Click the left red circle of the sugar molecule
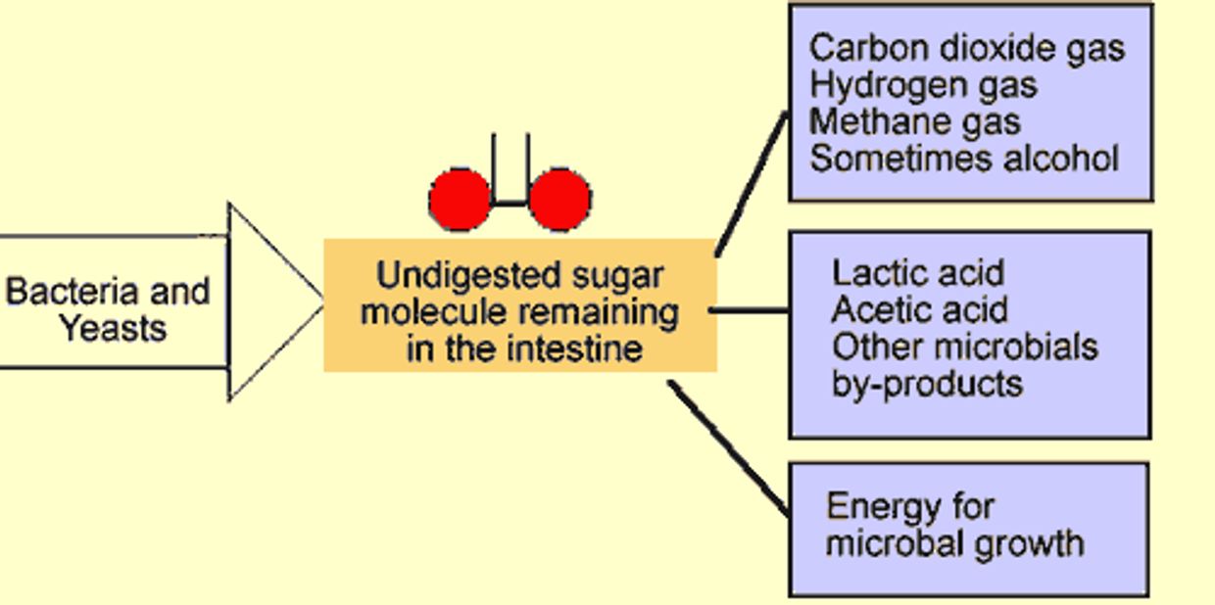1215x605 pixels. tap(460, 199)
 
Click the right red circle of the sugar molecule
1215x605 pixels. tap(560, 199)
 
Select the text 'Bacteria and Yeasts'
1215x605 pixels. tap(108, 308)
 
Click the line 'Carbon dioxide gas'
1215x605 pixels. tap(967, 48)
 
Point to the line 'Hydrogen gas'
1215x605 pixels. tap(922, 85)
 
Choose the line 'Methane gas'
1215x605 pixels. tap(914, 122)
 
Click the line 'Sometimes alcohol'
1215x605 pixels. tap(964, 159)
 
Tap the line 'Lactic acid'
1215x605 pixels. tap(917, 273)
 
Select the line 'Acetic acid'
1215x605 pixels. tap(919, 310)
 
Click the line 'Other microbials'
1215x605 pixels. tap(964, 347)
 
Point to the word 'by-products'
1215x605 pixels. tap(927, 384)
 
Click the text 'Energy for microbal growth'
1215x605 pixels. tap(954, 525)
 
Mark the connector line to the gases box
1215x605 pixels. tap(752, 184)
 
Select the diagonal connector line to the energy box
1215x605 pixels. tap(729, 446)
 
